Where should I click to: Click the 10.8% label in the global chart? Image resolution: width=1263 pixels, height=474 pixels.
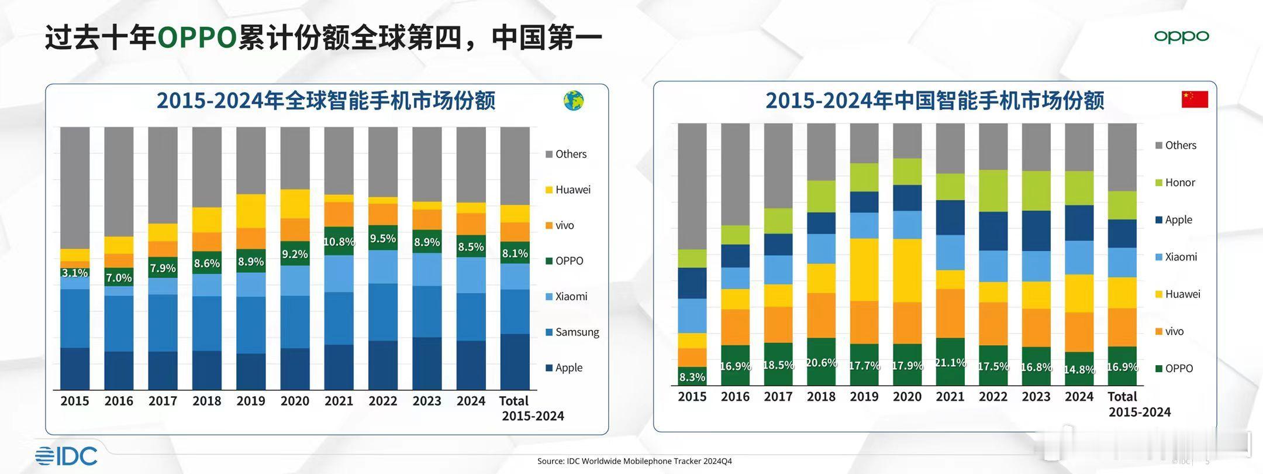coord(339,242)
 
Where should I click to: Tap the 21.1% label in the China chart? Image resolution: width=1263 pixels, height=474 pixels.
coord(950,363)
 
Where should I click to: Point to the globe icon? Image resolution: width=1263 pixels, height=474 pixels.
coord(574,101)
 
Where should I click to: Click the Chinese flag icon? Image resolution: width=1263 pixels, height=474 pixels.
coord(1195,99)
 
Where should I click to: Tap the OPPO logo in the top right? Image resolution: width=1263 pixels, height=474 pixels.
coord(1181,37)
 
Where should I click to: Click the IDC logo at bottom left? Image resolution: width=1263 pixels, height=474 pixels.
coord(66,456)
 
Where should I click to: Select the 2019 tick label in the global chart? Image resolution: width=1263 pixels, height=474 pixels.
coord(251,401)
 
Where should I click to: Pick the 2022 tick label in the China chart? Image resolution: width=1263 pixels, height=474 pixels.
coord(993,397)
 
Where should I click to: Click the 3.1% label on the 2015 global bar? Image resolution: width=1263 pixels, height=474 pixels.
coord(75,273)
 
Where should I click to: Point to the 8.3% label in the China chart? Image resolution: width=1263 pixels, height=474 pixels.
coord(692,377)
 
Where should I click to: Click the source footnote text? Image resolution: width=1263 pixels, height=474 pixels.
coord(634,461)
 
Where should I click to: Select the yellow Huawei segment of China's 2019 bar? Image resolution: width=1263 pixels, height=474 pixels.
coord(864,269)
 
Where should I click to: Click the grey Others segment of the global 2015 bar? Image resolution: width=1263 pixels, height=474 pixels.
coord(75,187)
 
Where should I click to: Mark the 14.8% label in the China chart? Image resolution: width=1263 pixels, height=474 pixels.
coord(1079,369)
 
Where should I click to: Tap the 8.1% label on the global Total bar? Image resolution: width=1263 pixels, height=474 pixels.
coord(515,253)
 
